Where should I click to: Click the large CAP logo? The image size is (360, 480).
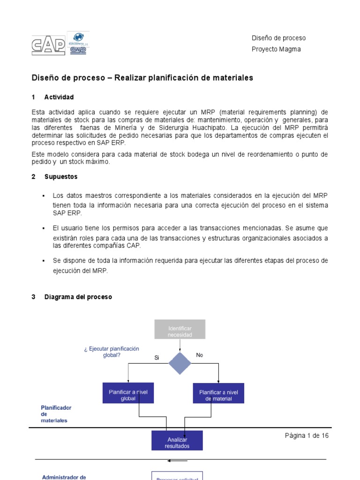[48, 46]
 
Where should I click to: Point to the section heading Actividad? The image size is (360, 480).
[59, 97]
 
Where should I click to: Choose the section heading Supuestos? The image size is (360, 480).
[61, 177]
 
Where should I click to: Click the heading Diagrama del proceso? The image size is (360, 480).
[78, 297]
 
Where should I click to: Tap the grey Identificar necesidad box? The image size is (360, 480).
[180, 329]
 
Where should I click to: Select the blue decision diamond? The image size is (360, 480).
[180, 363]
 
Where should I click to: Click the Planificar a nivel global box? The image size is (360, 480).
[128, 393]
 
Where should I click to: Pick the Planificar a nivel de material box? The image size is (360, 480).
[218, 393]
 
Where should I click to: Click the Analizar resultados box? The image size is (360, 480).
[177, 441]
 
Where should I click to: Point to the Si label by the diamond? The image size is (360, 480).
[157, 358]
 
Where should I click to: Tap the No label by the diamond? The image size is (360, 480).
[200, 355]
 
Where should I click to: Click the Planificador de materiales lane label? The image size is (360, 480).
[56, 414]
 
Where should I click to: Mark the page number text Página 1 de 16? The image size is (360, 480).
[307, 435]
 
